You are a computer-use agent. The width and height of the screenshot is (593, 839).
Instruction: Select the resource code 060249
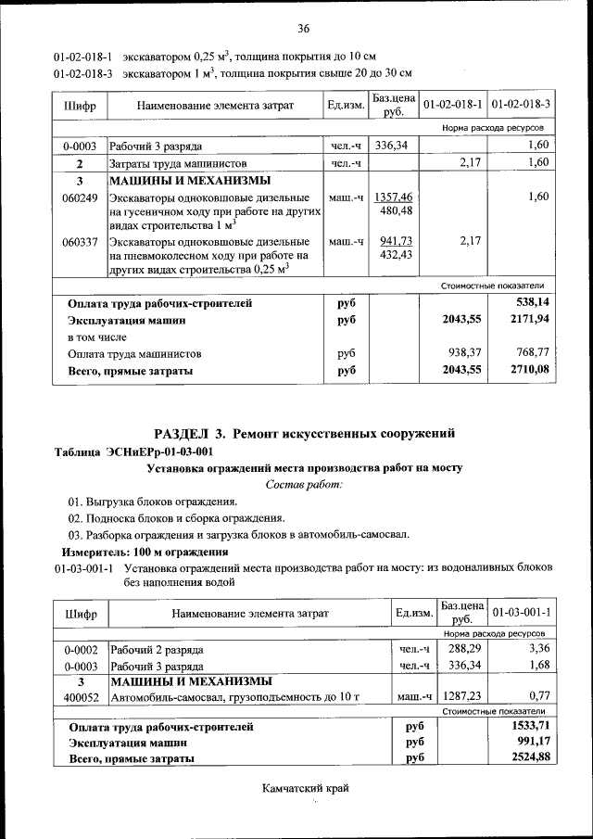pyautogui.click(x=80, y=197)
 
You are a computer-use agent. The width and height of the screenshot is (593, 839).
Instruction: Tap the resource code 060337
pyautogui.click(x=80, y=241)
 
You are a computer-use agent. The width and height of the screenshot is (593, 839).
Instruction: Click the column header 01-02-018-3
pyautogui.click(x=521, y=105)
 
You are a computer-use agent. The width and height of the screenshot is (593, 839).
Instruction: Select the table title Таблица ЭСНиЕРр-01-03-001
pyautogui.click(x=134, y=451)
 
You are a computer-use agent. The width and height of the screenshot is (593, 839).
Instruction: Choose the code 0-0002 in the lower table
pyautogui.click(x=81, y=649)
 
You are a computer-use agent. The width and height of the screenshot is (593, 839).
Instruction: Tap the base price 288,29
pyautogui.click(x=460, y=649)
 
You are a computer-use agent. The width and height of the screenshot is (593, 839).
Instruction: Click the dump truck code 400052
pyautogui.click(x=81, y=696)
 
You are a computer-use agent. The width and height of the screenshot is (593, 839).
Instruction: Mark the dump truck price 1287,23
pyautogui.click(x=460, y=696)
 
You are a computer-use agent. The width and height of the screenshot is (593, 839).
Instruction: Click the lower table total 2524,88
pyautogui.click(x=530, y=758)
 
